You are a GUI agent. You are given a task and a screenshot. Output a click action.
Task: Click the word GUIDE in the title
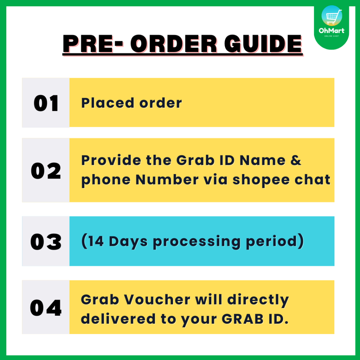[x=263, y=44]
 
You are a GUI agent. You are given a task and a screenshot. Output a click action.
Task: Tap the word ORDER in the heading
[x=174, y=44]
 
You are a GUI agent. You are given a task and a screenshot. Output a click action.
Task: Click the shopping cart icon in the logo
[x=332, y=16]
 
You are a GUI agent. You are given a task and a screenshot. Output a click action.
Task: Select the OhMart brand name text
[x=332, y=31]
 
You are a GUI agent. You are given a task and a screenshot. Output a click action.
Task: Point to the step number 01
[x=46, y=103]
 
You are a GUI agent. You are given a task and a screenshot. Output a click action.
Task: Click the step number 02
[x=46, y=171]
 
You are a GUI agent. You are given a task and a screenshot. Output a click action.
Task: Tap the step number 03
[x=46, y=242]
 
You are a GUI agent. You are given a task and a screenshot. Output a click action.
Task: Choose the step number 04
[x=46, y=308]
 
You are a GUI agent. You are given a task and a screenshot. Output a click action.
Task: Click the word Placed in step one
[x=108, y=103]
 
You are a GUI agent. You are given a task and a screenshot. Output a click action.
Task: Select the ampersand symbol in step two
[x=296, y=160]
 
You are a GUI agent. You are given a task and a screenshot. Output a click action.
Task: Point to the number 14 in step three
[x=96, y=241]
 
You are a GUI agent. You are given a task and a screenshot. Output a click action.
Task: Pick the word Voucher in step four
[x=157, y=300]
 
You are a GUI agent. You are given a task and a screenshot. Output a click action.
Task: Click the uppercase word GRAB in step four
[x=243, y=319]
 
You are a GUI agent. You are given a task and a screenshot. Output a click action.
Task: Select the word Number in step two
[x=167, y=179]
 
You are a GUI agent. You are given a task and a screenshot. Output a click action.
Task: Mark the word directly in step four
[x=258, y=300]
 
